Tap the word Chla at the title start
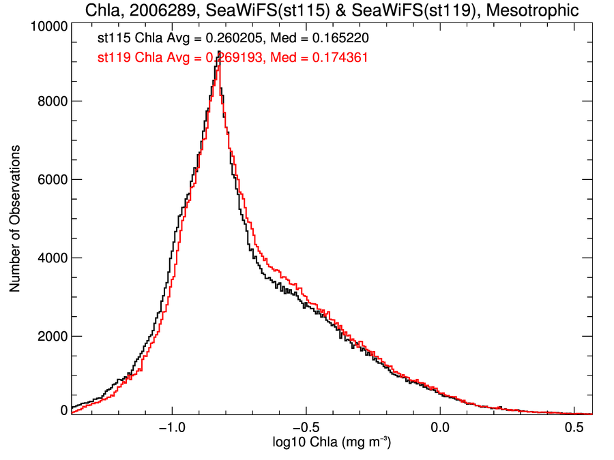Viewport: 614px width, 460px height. click(101, 10)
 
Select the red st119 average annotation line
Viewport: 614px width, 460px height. click(233, 58)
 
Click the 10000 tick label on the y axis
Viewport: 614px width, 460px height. click(48, 26)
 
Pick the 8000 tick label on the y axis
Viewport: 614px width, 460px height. click(51, 101)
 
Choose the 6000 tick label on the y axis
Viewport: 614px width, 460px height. click(51, 179)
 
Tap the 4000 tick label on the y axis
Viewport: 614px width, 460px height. click(51, 258)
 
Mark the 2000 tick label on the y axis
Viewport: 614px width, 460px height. click(51, 336)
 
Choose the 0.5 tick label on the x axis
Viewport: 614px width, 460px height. click(574, 429)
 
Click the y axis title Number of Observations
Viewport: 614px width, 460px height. click(15, 219)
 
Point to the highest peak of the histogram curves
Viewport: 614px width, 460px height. click(218, 52)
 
